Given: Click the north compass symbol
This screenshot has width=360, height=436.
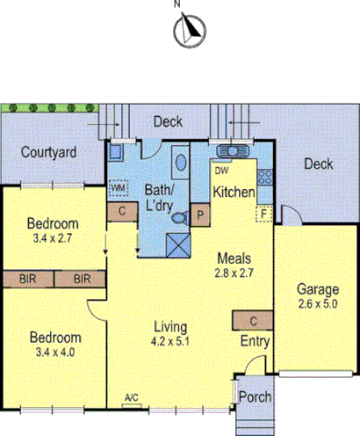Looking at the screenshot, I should coord(186,31).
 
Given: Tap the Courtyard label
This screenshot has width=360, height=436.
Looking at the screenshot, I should coord(49,152).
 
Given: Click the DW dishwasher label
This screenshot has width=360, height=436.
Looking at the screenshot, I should coord(221,171).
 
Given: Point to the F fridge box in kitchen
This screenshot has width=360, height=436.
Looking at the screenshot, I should coord(263,213).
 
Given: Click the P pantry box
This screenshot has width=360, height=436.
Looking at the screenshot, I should coord(200,214).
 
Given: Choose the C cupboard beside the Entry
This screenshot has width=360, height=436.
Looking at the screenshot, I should coord(253,320).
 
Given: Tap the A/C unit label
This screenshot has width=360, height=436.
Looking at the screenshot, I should coord(132,400).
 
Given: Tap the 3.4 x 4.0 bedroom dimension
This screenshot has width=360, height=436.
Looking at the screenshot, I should coord(54,352).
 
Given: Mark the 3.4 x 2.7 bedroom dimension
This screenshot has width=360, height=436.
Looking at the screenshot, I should coord(53,237).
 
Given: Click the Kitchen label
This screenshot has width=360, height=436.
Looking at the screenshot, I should coord(234,192).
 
